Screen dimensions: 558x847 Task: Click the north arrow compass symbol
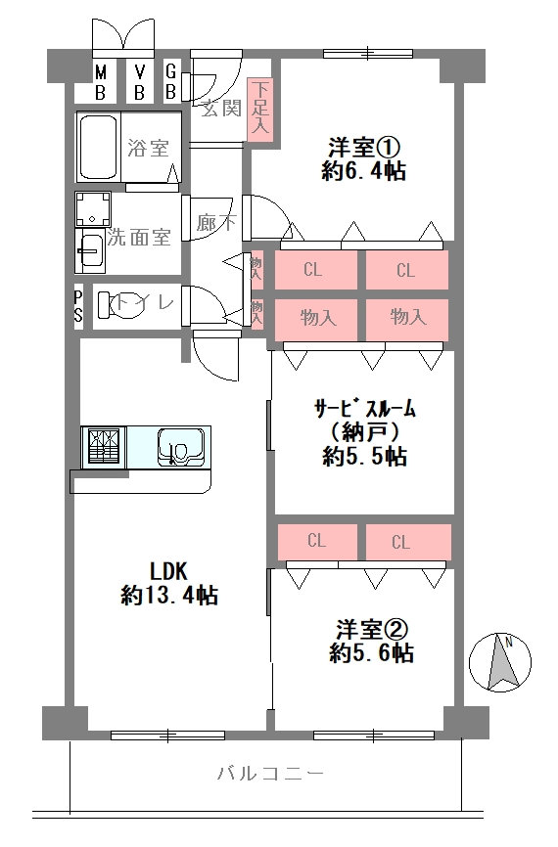coord(499,662)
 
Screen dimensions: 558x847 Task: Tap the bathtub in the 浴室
coord(99,148)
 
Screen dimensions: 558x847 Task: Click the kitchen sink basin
coord(180,447)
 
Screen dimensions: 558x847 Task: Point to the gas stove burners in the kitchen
coord(103,447)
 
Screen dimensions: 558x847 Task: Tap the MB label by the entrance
coord(101,82)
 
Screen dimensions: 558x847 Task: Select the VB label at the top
coord(139,82)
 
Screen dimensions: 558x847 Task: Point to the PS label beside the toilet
coord(78,307)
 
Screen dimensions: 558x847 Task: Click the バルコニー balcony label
coord(270,774)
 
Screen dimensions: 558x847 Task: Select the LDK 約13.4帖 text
coord(169,583)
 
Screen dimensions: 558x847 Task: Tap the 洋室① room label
coord(363,148)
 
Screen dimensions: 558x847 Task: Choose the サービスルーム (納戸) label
coord(365,432)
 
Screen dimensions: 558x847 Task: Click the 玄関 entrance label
coord(221,109)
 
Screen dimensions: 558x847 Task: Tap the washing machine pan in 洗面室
coord(93,209)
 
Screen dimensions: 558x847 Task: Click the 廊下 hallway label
coord(216,221)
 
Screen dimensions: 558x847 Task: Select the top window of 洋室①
coord(368,54)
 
